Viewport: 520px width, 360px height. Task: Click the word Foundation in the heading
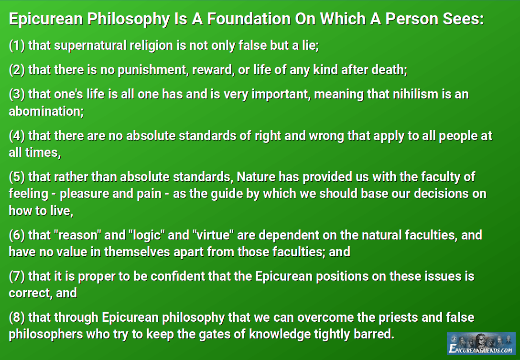(x=249, y=19)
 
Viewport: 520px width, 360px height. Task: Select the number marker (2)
(x=17, y=70)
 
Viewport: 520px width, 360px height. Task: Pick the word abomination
(x=46, y=111)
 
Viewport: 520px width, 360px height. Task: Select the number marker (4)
(x=17, y=136)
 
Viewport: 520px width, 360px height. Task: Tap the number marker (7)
(x=17, y=276)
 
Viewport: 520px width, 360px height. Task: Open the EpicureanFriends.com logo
(x=481, y=343)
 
